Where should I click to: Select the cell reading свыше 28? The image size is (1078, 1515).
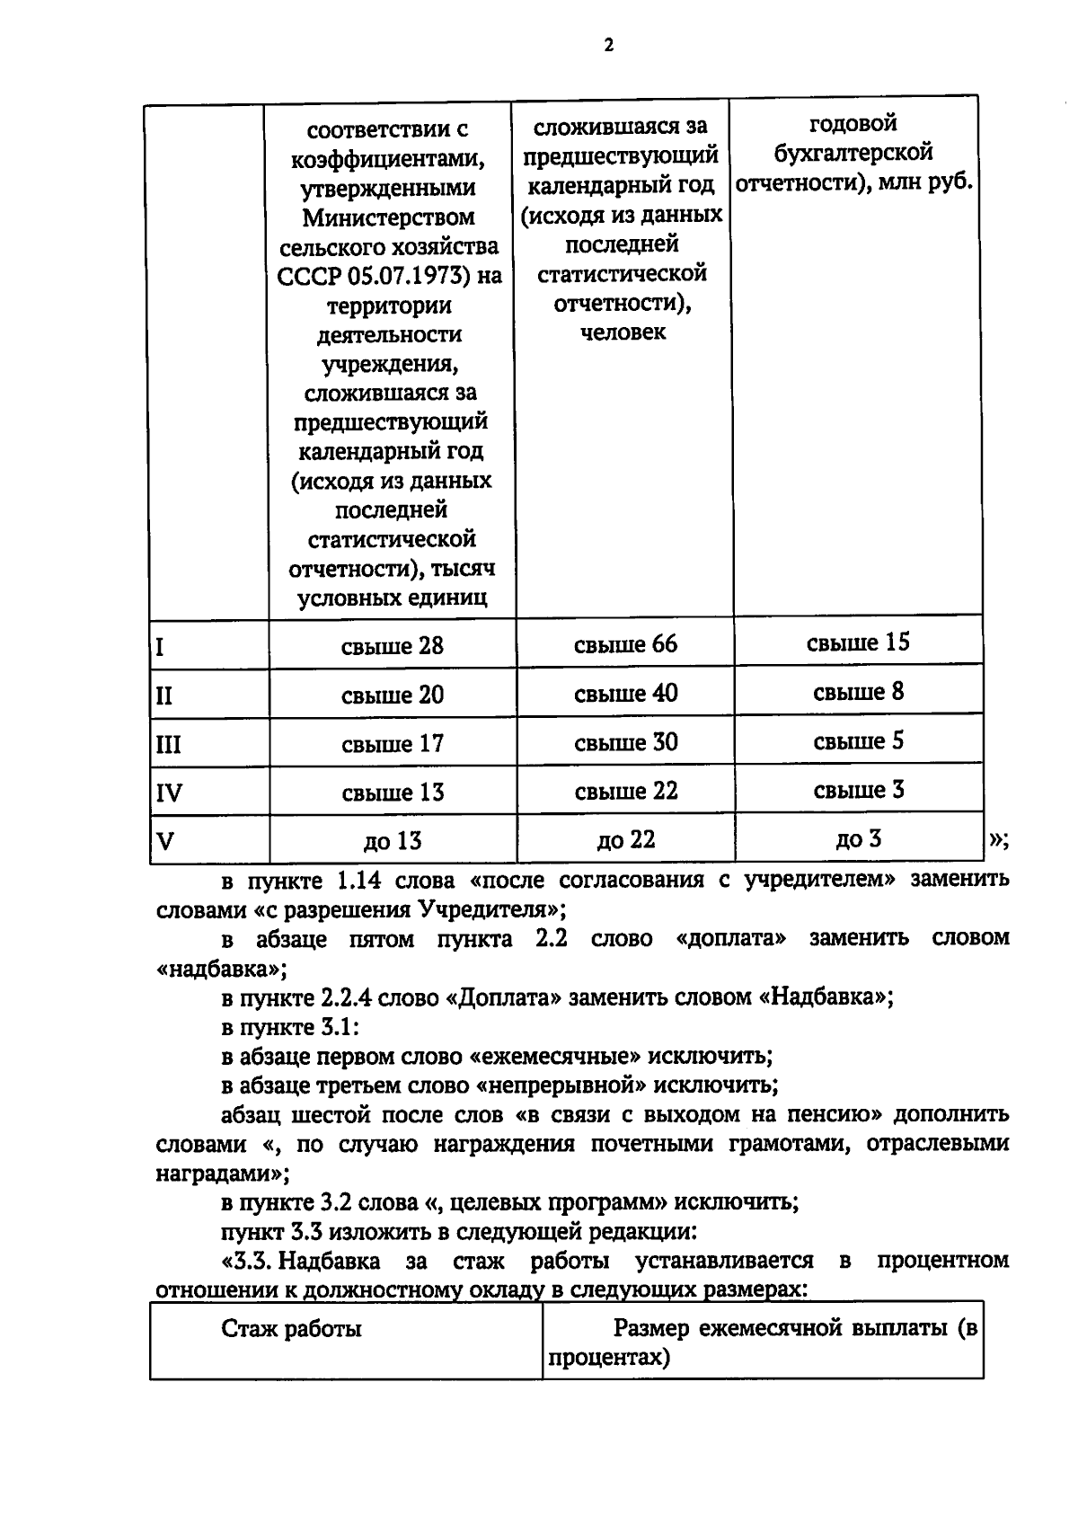point(393,646)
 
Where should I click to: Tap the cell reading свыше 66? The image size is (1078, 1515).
point(625,644)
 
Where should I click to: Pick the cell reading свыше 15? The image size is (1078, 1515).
point(858,642)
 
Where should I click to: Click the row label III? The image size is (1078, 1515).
point(169,745)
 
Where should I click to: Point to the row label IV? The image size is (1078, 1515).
point(169,793)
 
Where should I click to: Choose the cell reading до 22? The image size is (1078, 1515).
point(625,840)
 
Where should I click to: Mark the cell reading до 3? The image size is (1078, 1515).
point(858,839)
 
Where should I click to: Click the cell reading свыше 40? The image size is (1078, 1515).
point(625,694)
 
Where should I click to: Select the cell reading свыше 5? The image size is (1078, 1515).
point(858,741)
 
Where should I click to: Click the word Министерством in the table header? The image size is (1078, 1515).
point(388,217)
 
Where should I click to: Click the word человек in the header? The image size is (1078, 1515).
point(623,332)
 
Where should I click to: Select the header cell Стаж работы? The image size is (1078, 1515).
point(291,1329)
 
